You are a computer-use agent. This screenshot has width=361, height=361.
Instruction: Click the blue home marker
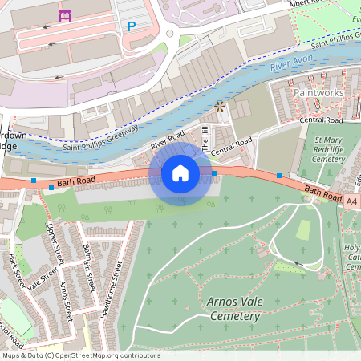pyautogui.click(x=180, y=172)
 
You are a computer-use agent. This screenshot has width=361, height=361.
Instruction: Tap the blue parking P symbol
pyautogui.click(x=132, y=26)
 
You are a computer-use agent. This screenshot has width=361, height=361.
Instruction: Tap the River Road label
pyautogui.click(x=168, y=140)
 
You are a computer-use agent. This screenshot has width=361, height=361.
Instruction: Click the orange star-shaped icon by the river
pyautogui.click(x=220, y=106)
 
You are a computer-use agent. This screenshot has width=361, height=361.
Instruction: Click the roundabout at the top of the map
pyautogui.click(x=170, y=34)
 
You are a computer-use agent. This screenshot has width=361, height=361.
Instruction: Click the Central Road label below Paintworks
pyautogui.click(x=321, y=120)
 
